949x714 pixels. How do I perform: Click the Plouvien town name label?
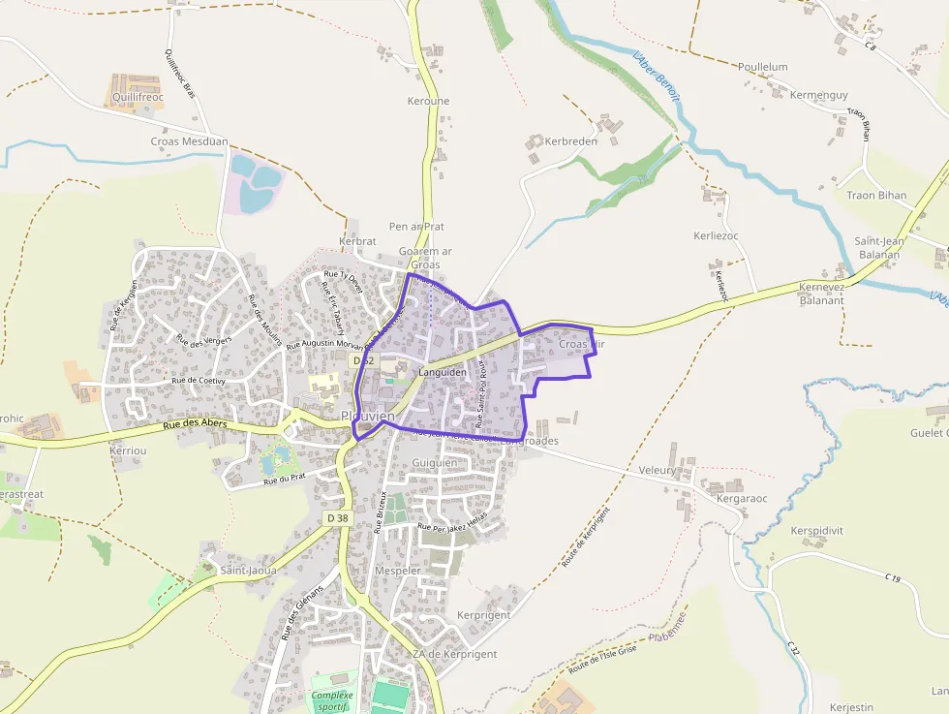[x=368, y=417]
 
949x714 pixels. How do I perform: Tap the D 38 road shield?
[x=337, y=518]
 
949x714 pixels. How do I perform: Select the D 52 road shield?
[x=363, y=359]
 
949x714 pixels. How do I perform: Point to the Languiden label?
[x=443, y=372]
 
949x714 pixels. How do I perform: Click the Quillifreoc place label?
[x=137, y=97]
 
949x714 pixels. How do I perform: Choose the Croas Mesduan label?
[x=190, y=141]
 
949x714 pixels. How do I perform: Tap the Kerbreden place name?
[x=571, y=141]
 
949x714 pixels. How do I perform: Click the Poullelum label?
[x=763, y=67]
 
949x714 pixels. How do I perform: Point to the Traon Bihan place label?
[x=876, y=195]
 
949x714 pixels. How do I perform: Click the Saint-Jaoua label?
[x=248, y=571]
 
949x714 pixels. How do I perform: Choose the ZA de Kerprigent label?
[x=454, y=654]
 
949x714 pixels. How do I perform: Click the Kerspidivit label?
[x=816, y=531]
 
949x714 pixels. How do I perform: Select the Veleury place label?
[x=658, y=470]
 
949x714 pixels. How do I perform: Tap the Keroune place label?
[x=428, y=101]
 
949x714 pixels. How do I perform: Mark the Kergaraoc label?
[x=742, y=498]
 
